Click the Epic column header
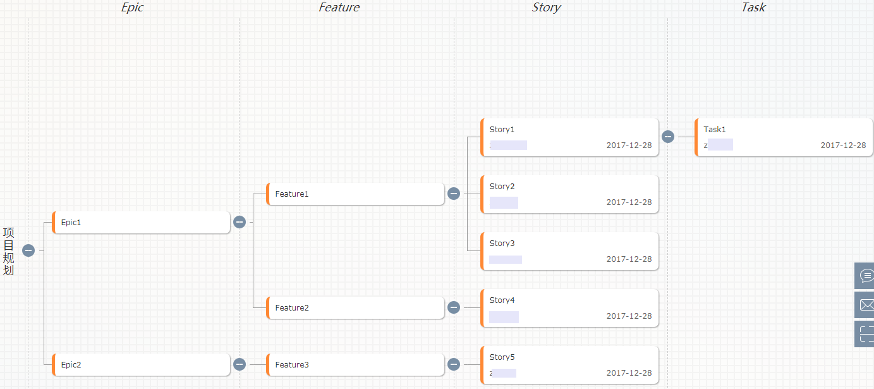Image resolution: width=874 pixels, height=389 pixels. pyautogui.click(x=132, y=8)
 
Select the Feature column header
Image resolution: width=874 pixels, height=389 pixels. pyautogui.click(x=339, y=8)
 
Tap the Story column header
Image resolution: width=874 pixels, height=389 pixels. pyautogui.click(x=546, y=8)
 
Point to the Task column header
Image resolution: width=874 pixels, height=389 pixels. pyautogui.click(x=753, y=8)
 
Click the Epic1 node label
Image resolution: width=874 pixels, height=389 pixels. pyautogui.click(x=71, y=223)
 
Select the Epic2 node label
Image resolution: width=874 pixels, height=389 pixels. pyautogui.click(x=71, y=365)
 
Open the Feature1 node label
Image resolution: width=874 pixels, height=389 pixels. pyautogui.click(x=292, y=194)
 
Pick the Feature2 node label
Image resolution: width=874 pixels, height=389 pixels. pyautogui.click(x=292, y=308)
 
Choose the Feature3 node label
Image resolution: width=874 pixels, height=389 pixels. pyautogui.click(x=292, y=365)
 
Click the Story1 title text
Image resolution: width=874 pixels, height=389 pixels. pyautogui.click(x=502, y=130)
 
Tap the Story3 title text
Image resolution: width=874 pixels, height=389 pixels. pyautogui.click(x=502, y=244)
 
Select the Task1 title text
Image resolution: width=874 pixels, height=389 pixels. pyautogui.click(x=715, y=130)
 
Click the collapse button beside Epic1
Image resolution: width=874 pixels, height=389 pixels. pyautogui.click(x=240, y=222)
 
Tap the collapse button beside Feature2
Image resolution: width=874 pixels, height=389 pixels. pyautogui.click(x=454, y=307)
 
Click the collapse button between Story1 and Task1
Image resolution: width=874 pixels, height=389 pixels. pyautogui.click(x=668, y=137)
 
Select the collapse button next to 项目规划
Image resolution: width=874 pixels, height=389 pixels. pyautogui.click(x=28, y=250)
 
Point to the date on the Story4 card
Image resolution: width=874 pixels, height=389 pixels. pyautogui.click(x=629, y=316)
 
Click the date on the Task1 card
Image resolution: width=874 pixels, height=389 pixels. pyautogui.click(x=843, y=145)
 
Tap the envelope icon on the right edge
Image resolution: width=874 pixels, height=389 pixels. pyautogui.click(x=866, y=306)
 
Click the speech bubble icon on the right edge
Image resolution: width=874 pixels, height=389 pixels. pyautogui.click(x=866, y=276)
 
